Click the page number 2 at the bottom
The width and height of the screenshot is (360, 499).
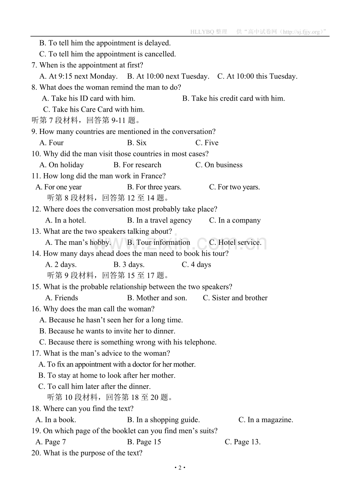(x=180, y=468)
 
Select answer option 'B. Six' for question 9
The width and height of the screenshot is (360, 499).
(x=137, y=143)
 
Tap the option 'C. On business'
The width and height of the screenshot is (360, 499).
(x=219, y=165)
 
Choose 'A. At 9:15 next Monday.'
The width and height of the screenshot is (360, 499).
(x=78, y=76)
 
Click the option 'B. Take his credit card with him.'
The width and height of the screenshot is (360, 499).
(x=233, y=98)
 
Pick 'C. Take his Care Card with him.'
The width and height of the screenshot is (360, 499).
(x=94, y=110)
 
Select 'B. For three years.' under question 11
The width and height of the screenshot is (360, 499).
(x=154, y=187)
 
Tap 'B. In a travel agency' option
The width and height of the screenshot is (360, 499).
(x=159, y=221)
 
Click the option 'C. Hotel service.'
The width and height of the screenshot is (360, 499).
(x=235, y=242)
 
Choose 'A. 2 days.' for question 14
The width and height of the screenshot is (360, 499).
(x=61, y=265)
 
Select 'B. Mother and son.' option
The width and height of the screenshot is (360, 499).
(x=157, y=298)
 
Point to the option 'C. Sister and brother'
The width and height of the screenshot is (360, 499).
(x=235, y=298)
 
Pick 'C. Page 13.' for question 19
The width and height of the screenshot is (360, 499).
(x=242, y=442)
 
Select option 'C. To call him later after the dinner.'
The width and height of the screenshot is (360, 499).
(x=94, y=387)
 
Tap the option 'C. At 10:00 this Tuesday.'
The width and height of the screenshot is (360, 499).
(x=257, y=76)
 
